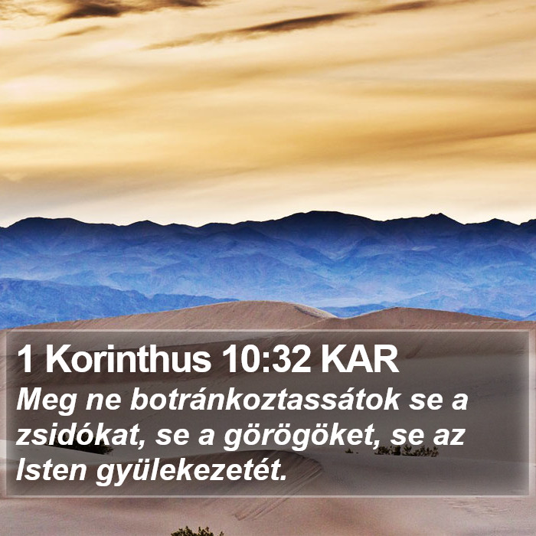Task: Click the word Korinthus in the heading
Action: [x=131, y=360]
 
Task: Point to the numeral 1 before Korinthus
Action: [x=26, y=360]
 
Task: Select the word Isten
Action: [x=51, y=470]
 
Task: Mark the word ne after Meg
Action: [x=103, y=402]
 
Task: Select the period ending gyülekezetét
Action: [x=282, y=478]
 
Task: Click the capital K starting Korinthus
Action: [x=59, y=360]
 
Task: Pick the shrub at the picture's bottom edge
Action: [x=197, y=531]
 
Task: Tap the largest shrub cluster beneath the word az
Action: [x=407, y=450]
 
